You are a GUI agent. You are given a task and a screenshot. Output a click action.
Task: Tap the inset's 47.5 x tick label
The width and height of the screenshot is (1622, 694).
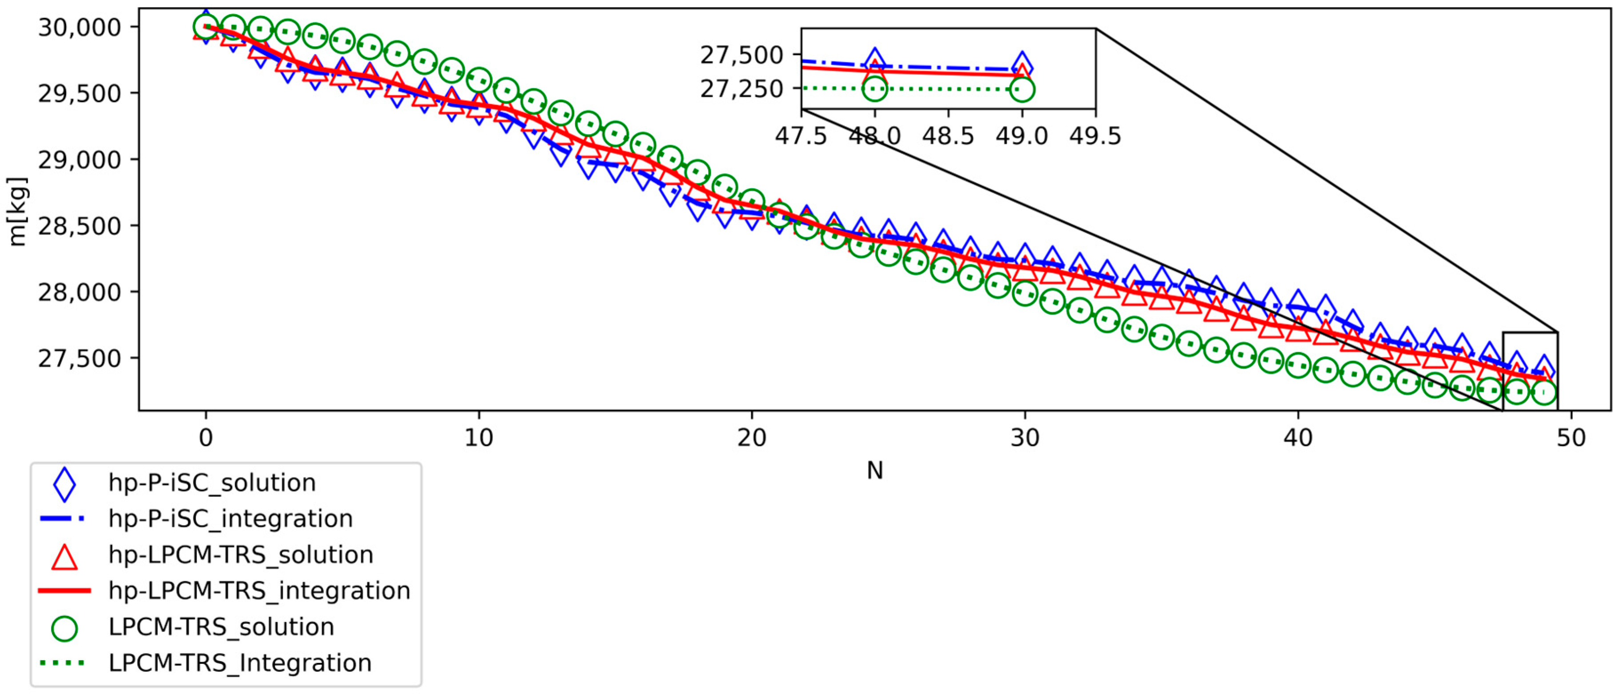click(x=801, y=136)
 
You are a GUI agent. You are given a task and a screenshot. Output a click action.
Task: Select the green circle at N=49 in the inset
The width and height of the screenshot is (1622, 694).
click(x=1022, y=89)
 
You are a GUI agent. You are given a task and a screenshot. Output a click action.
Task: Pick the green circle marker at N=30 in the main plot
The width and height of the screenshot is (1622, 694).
click(x=1025, y=293)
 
